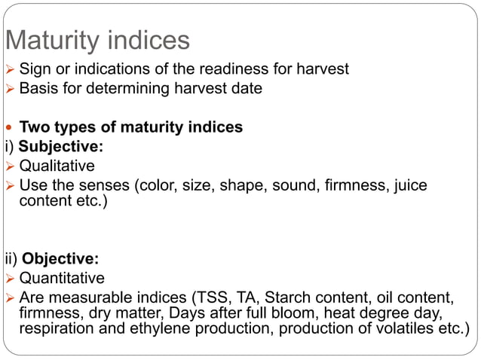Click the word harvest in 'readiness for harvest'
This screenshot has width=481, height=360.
click(320, 69)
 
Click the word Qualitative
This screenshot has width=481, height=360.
click(57, 165)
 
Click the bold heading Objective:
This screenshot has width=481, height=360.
click(62, 261)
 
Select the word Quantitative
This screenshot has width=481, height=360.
click(62, 279)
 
